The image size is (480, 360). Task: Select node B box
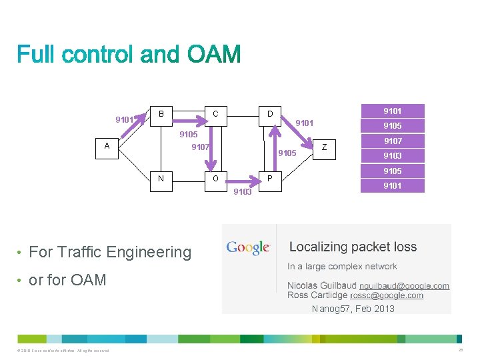coord(161,114)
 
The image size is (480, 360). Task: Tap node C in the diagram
coord(215,114)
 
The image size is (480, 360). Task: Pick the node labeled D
coord(270,114)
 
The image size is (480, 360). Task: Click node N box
coord(161,179)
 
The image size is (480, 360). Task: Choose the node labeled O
coord(215,179)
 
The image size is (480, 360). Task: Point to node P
coord(270,179)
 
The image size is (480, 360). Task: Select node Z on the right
coord(324,147)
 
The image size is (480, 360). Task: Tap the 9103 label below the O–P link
coord(242,192)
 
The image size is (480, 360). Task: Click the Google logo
coord(248,248)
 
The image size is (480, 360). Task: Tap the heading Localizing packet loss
coord(353,247)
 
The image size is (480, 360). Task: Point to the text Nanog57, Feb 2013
coord(353,309)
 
